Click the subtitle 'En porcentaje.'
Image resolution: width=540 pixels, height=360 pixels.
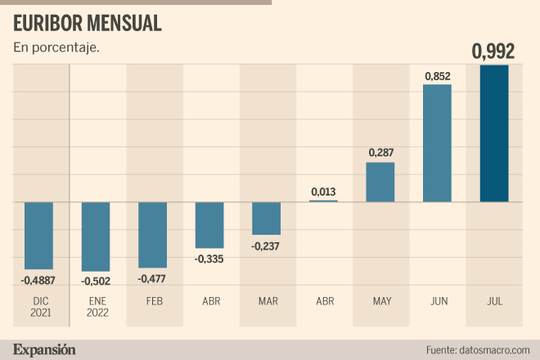(56, 48)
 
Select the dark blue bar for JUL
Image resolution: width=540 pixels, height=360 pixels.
(494, 133)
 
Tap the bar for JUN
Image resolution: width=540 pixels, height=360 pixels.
(437, 143)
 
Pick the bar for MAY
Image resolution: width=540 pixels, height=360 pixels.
(380, 182)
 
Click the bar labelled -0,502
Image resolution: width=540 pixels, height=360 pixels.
(96, 236)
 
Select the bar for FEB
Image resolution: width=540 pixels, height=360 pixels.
(153, 235)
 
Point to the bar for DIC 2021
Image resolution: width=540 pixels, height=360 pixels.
(38, 236)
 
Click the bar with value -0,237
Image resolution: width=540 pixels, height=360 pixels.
(267, 218)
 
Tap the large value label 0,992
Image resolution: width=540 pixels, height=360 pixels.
(493, 52)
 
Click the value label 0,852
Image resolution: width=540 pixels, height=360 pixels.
(437, 76)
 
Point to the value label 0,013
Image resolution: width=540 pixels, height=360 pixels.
(323, 192)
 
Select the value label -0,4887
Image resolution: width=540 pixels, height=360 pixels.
(38, 280)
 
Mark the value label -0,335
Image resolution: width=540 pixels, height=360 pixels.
(209, 259)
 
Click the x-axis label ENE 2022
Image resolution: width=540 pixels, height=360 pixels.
(96, 307)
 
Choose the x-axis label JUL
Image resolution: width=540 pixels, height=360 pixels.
(493, 301)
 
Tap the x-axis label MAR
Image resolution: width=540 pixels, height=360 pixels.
(267, 301)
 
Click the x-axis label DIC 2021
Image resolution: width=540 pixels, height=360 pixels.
(38, 307)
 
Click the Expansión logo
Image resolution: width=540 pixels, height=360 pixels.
(45, 349)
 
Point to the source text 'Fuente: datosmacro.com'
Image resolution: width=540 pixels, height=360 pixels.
(478, 350)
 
